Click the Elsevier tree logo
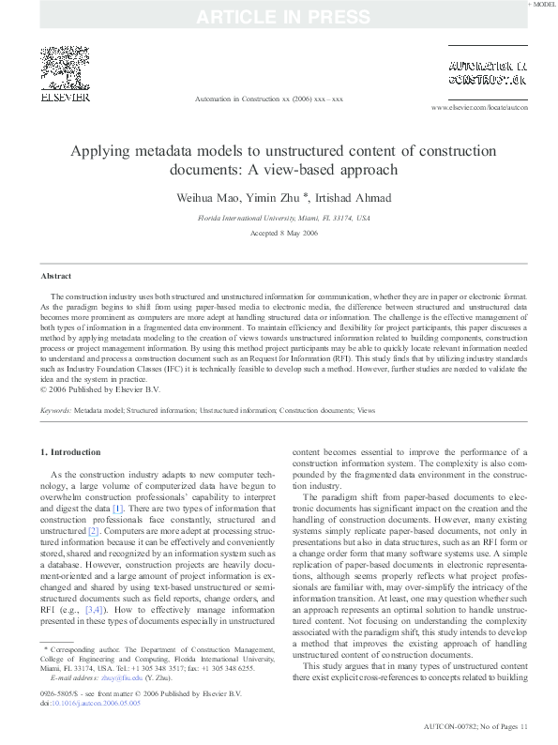64,67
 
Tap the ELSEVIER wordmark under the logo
64,97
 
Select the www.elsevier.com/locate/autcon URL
479,109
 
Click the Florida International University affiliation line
282,218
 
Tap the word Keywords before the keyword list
56,410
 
